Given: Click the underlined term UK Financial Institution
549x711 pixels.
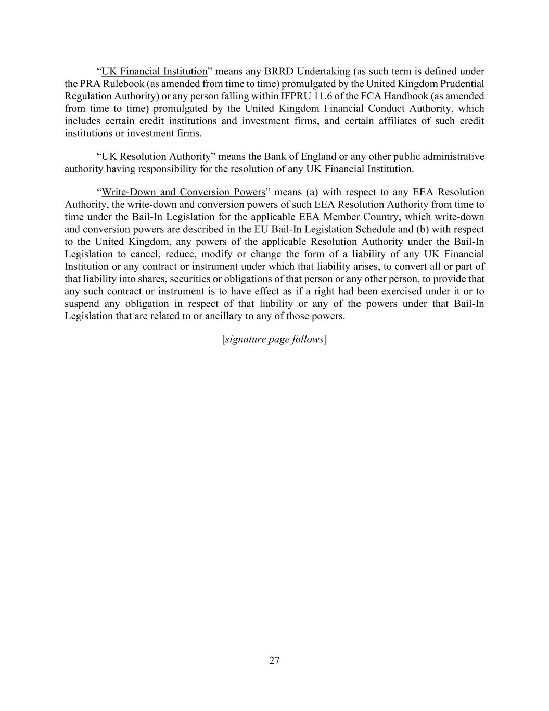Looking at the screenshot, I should click(155, 71).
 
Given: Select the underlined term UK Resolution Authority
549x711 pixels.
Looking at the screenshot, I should click(156, 157).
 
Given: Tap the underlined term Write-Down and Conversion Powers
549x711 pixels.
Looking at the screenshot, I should click(184, 192).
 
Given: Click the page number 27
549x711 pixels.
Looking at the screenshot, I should click(274, 661).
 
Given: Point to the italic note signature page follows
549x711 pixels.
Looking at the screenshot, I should click(274, 340).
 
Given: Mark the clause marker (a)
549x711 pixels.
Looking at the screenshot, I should click(312, 192).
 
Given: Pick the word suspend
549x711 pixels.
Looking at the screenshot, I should click(81, 304).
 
